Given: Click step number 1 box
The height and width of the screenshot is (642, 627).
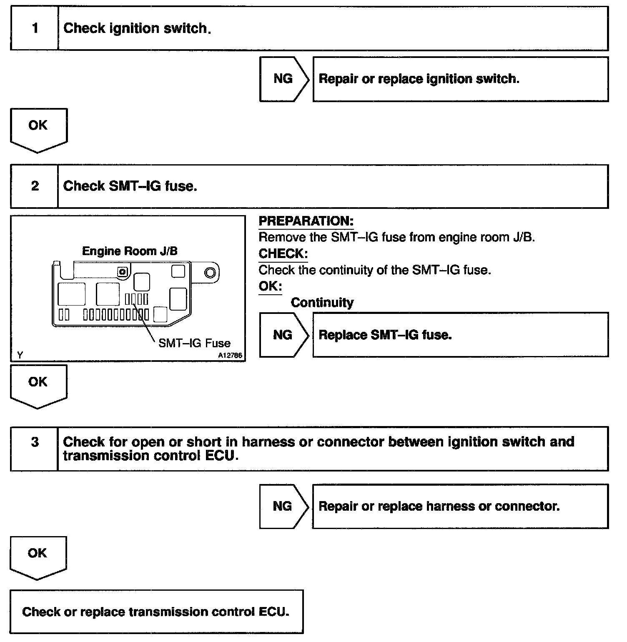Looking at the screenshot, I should pyautogui.click(x=35, y=28).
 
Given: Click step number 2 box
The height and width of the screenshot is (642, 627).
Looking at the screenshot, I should pyautogui.click(x=35, y=186).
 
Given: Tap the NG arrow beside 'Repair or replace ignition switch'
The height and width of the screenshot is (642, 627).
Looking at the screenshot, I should pyautogui.click(x=283, y=79).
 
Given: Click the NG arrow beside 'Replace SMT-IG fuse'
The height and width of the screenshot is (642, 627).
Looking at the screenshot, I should pyautogui.click(x=283, y=335).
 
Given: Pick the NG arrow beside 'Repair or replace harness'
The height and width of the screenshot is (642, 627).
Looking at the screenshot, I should pyautogui.click(x=283, y=506).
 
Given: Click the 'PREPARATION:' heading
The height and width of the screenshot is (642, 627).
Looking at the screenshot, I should pyautogui.click(x=306, y=221).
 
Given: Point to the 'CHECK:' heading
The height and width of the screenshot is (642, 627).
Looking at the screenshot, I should pyautogui.click(x=283, y=253).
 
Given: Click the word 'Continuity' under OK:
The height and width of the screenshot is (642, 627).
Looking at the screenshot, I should pyautogui.click(x=322, y=303).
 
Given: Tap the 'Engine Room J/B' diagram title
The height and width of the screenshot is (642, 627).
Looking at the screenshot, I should pyautogui.click(x=130, y=251).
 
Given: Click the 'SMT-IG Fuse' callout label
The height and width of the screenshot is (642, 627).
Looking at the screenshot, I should pyautogui.click(x=194, y=343).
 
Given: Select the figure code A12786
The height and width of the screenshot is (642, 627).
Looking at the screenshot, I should pyautogui.click(x=230, y=356).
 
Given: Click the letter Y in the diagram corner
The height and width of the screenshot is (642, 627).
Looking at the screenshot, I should pyautogui.click(x=20, y=355).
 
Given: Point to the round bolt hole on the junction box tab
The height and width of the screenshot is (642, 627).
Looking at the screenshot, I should pyautogui.click(x=210, y=273).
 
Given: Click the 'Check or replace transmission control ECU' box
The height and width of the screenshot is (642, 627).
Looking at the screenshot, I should pyautogui.click(x=156, y=612).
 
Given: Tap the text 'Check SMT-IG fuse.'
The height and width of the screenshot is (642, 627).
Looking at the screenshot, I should pyautogui.click(x=130, y=186).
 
